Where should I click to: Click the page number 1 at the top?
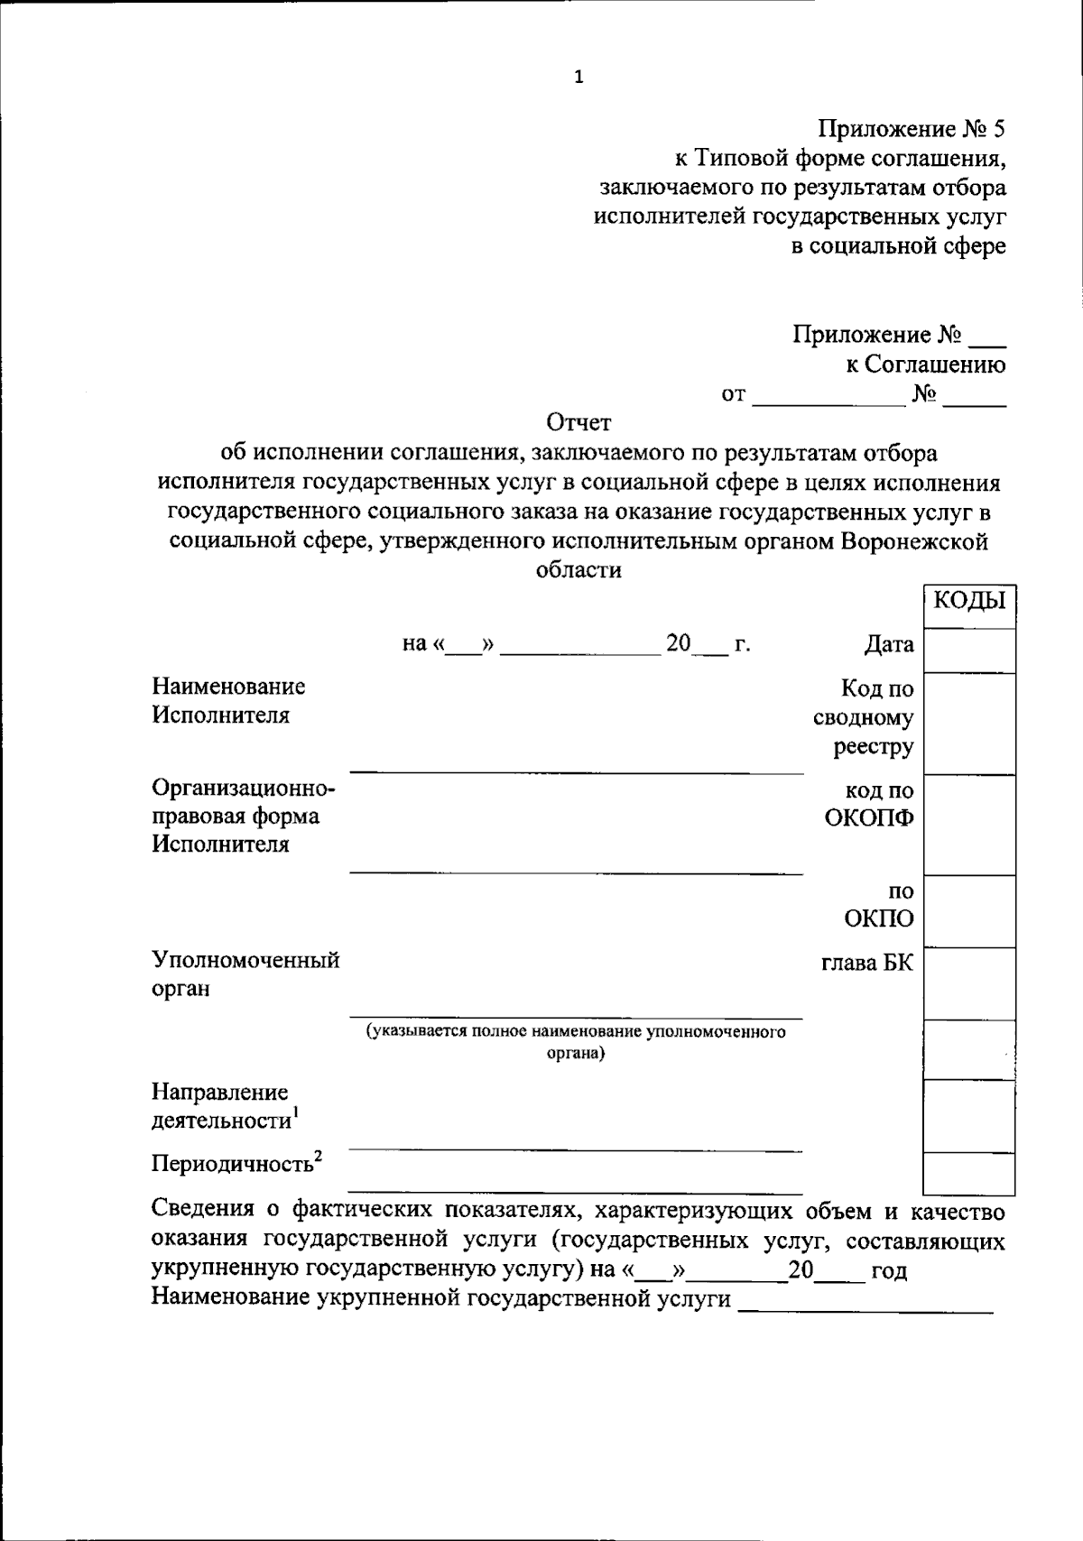[x=579, y=78]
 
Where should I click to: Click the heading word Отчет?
[x=579, y=422]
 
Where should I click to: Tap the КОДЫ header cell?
[x=969, y=600]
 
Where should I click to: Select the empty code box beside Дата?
[x=969, y=650]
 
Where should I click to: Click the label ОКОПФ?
[x=869, y=819]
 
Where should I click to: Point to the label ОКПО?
[x=879, y=919]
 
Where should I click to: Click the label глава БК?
[x=866, y=963]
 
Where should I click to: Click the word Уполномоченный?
[x=245, y=959]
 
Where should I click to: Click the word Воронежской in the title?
[x=914, y=541]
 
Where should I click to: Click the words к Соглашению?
[x=925, y=364]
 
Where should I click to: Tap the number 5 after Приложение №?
[x=997, y=130]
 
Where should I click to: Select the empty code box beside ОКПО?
[x=969, y=911]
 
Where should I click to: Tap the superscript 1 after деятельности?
[x=295, y=1115]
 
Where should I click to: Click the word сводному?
[x=863, y=718]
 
